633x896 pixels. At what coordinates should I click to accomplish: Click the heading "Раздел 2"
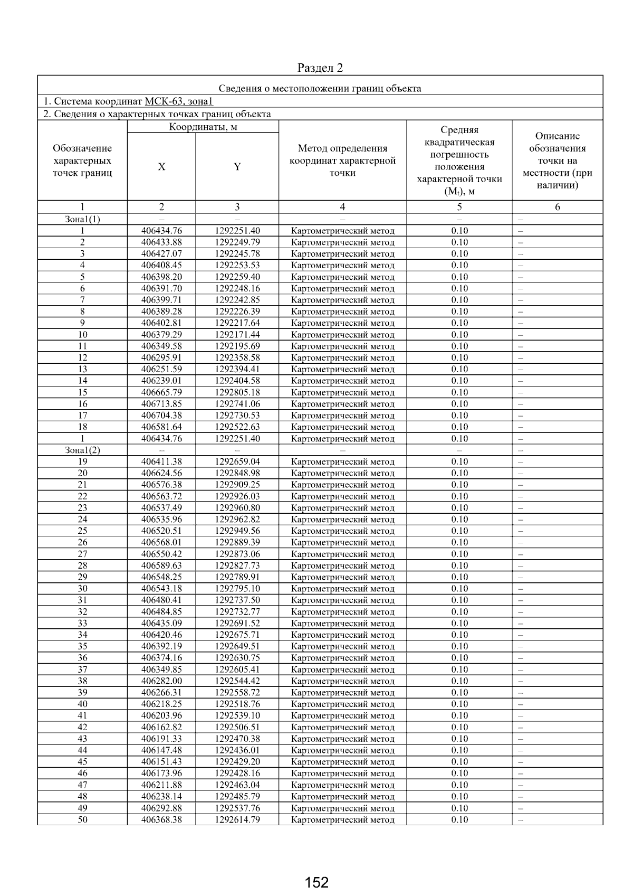tap(320, 68)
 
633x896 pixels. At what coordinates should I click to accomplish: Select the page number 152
tap(316, 882)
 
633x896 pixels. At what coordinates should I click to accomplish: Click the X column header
tap(161, 167)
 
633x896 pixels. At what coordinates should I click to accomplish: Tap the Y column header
tap(237, 167)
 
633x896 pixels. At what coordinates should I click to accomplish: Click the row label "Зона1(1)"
tap(82, 219)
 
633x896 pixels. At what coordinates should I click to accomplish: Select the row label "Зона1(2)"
tap(82, 450)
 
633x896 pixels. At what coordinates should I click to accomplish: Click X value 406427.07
tap(161, 253)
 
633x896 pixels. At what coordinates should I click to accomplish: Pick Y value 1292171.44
tap(237, 334)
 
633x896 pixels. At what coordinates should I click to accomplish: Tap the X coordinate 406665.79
tap(161, 392)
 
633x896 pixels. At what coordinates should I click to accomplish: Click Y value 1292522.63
tap(237, 427)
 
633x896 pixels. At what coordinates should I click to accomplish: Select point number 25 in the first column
tap(82, 531)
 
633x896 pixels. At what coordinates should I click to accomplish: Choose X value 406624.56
tap(161, 473)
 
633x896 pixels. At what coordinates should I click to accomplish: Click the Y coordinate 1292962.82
tap(237, 519)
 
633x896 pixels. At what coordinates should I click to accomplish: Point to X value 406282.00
tap(161, 681)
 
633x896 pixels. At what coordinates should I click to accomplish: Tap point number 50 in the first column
tap(82, 819)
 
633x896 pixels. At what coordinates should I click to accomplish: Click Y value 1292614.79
tap(237, 819)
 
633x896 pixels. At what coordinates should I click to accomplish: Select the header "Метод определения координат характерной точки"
tap(342, 161)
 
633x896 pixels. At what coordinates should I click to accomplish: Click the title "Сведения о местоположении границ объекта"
tap(320, 88)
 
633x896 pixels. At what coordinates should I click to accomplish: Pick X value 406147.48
tap(161, 750)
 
